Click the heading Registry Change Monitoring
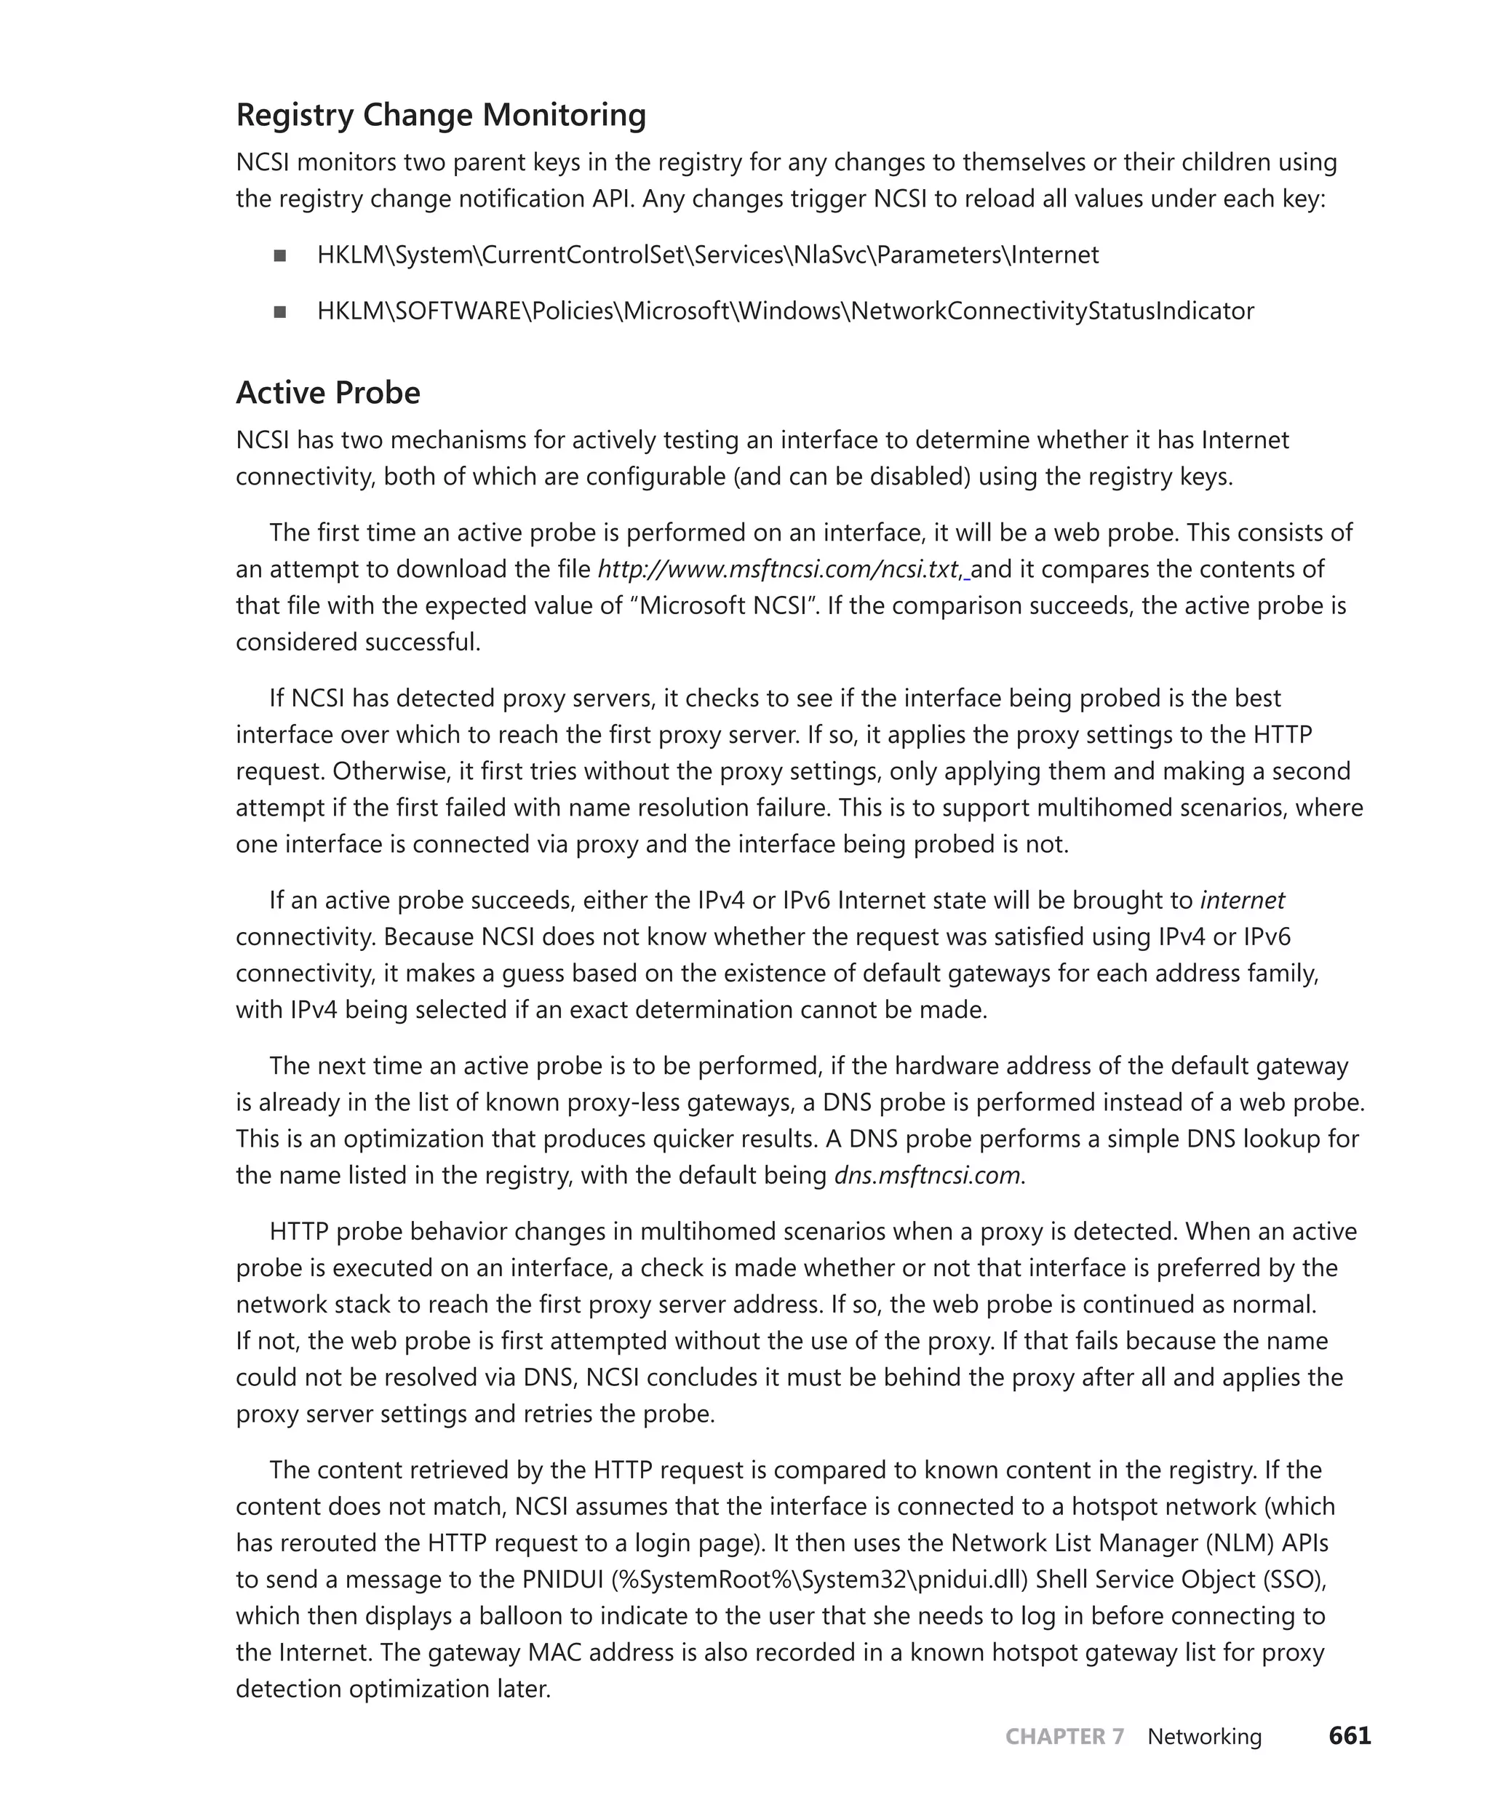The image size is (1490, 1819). (x=440, y=115)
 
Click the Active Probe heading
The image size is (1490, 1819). (x=328, y=393)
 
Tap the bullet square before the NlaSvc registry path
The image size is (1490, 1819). (x=280, y=256)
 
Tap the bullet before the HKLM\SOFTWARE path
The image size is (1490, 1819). (x=280, y=311)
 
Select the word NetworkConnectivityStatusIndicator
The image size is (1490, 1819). (x=1051, y=311)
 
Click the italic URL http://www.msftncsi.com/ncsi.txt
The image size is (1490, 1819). (x=777, y=569)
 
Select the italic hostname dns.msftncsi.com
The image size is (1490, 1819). (x=927, y=1175)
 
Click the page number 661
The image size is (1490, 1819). (x=1350, y=1736)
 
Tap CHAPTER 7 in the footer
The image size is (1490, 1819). (x=1064, y=1737)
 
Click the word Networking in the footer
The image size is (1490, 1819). (x=1204, y=1737)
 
